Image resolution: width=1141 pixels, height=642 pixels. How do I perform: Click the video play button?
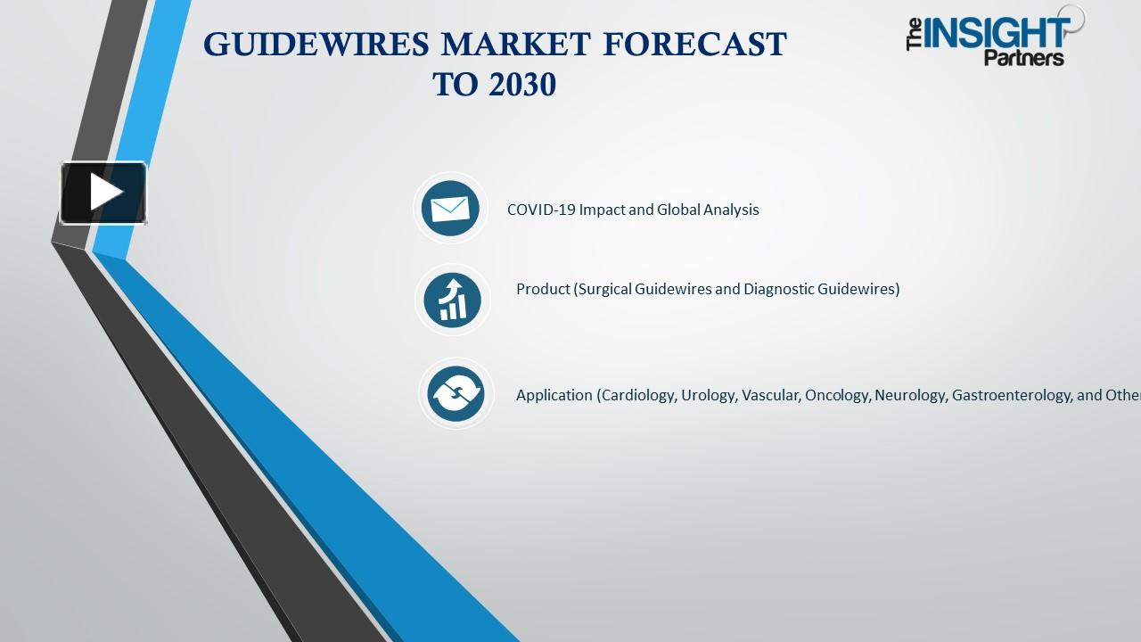(103, 193)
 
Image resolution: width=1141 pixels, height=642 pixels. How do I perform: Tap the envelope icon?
(450, 209)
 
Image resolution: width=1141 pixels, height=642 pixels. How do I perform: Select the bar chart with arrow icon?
(452, 300)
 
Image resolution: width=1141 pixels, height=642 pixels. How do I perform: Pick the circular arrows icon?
(456, 393)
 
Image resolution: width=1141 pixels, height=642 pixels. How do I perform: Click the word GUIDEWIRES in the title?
(317, 45)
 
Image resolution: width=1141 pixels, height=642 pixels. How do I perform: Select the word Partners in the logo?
(1024, 58)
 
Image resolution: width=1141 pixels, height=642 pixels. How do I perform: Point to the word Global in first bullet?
(682, 210)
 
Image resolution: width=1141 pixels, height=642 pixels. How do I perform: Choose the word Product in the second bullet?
(542, 289)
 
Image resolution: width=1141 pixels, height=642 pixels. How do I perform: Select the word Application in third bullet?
(554, 395)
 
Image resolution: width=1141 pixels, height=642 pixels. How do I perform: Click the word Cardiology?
(637, 395)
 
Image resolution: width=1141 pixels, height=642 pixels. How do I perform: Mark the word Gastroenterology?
(1011, 395)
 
